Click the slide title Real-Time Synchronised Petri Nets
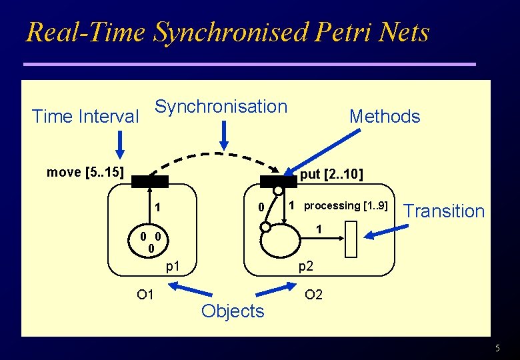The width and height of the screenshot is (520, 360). (x=227, y=32)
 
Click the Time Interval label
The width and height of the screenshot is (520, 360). (x=85, y=117)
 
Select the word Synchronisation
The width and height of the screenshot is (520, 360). (x=221, y=107)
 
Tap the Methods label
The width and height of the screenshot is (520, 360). (x=385, y=117)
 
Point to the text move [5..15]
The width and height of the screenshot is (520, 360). (x=85, y=173)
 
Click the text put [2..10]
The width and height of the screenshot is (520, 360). (x=331, y=175)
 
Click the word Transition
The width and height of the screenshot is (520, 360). (x=445, y=211)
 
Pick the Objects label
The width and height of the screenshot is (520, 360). (x=233, y=311)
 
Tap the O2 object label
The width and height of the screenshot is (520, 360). (x=313, y=294)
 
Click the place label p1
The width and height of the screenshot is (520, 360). (x=173, y=267)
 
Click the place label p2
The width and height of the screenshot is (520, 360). (x=306, y=267)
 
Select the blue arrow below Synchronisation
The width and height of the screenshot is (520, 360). (x=225, y=135)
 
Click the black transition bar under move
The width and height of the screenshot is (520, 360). (x=150, y=180)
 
